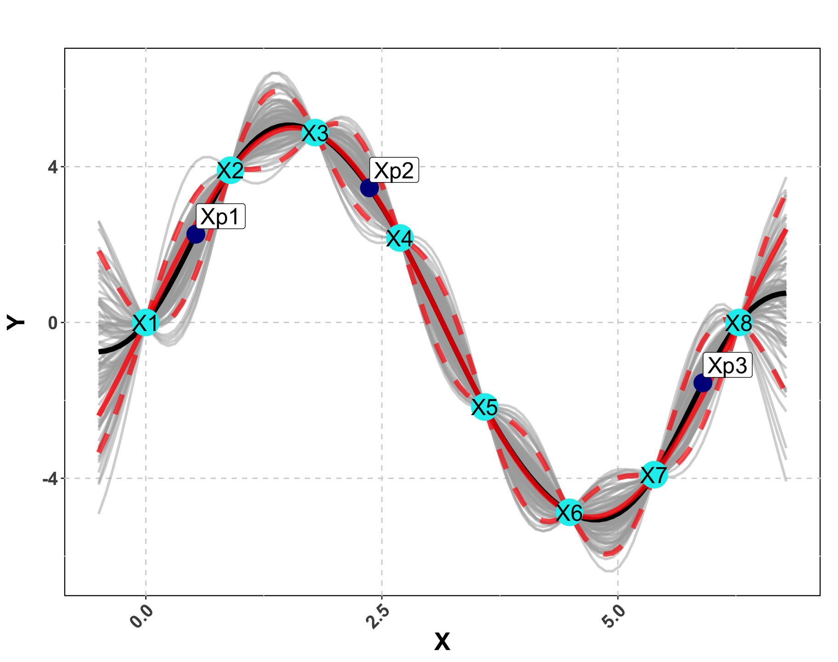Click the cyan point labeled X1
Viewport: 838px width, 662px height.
coord(146,323)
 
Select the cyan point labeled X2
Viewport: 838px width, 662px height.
coord(230,170)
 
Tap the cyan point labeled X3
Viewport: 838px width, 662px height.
coord(315,133)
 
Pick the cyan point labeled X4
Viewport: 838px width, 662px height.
coord(400,238)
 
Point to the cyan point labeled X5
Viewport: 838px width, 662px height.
coord(484,407)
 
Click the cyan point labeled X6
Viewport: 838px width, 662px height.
coord(569,512)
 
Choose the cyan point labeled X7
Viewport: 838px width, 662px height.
coord(653,474)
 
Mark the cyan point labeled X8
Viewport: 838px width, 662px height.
coord(738,323)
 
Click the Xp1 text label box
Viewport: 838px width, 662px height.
coord(221,217)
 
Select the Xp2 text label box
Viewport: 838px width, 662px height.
coord(394,171)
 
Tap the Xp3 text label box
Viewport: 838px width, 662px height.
coord(727,365)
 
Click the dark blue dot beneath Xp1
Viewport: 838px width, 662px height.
coord(196,234)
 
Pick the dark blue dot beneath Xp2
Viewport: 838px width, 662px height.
coord(369,188)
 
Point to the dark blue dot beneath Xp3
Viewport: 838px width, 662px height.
coord(702,382)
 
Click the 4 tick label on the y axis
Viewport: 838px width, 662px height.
coord(53,167)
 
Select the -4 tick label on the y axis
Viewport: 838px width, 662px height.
coord(50,479)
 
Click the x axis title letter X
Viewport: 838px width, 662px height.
coord(442,642)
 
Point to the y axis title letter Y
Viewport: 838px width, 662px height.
coord(16,322)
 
